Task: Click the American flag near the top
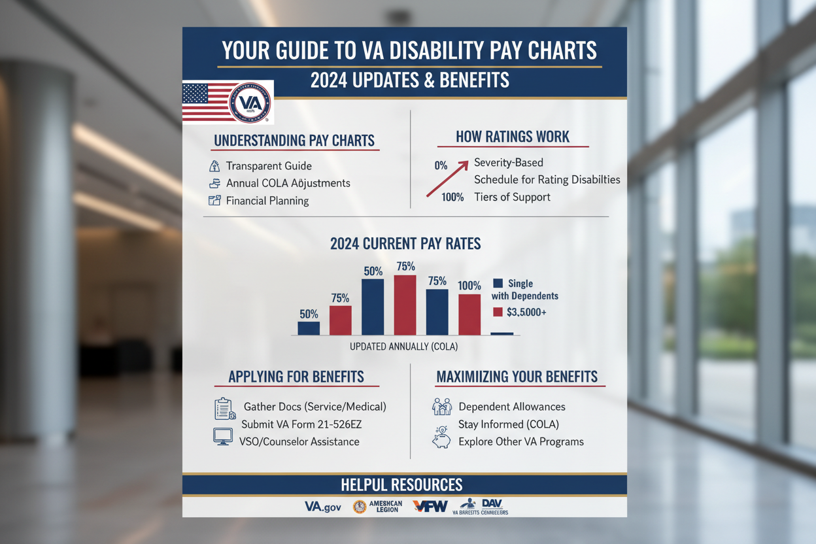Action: click(208, 103)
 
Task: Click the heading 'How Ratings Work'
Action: click(513, 137)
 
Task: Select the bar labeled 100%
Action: click(469, 314)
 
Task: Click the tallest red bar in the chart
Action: click(405, 305)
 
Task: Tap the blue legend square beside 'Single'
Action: click(498, 283)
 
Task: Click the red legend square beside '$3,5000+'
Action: click(498, 312)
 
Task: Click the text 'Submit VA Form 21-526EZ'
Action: click(301, 424)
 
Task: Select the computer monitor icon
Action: click(223, 436)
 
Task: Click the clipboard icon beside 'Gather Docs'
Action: click(224, 408)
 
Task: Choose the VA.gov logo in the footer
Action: click(324, 506)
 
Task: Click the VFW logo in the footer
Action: click(430, 506)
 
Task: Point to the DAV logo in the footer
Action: click(492, 503)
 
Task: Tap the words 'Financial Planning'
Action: click(267, 201)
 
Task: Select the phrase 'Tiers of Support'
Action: click(513, 197)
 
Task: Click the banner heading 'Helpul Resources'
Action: click(401, 484)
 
